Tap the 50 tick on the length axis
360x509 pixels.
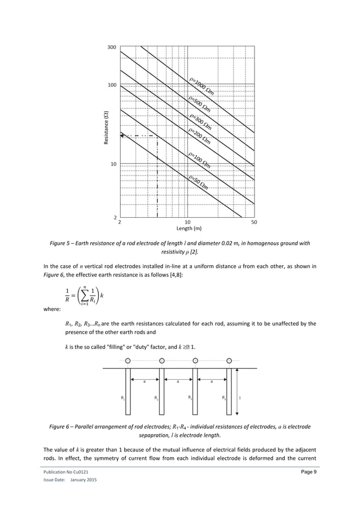click(253, 222)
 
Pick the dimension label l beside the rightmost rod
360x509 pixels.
click(241, 397)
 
